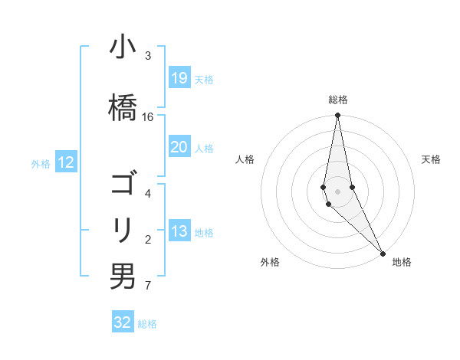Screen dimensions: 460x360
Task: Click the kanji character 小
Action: point(123,49)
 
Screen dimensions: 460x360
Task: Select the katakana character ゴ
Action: point(123,185)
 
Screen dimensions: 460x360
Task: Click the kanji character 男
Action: point(123,276)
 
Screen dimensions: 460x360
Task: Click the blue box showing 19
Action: point(179,78)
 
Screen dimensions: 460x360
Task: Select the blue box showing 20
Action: point(179,147)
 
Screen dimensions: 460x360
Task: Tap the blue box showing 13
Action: point(179,231)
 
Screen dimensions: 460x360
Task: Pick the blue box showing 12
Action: point(65,162)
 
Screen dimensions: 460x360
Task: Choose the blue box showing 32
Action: point(123,322)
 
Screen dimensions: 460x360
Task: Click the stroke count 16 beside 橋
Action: point(148,116)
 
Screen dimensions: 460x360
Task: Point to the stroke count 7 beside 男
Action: point(147,286)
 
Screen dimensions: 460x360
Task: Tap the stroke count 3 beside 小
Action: point(147,56)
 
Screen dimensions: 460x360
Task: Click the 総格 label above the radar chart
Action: point(338,100)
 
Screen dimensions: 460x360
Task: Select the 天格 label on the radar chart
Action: point(432,159)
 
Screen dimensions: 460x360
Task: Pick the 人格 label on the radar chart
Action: point(245,159)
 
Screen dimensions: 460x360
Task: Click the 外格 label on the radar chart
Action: point(269,262)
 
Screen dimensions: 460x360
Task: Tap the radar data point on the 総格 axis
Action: point(338,116)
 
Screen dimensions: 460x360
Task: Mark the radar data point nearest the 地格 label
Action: point(382,252)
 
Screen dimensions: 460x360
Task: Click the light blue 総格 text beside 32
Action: point(148,324)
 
